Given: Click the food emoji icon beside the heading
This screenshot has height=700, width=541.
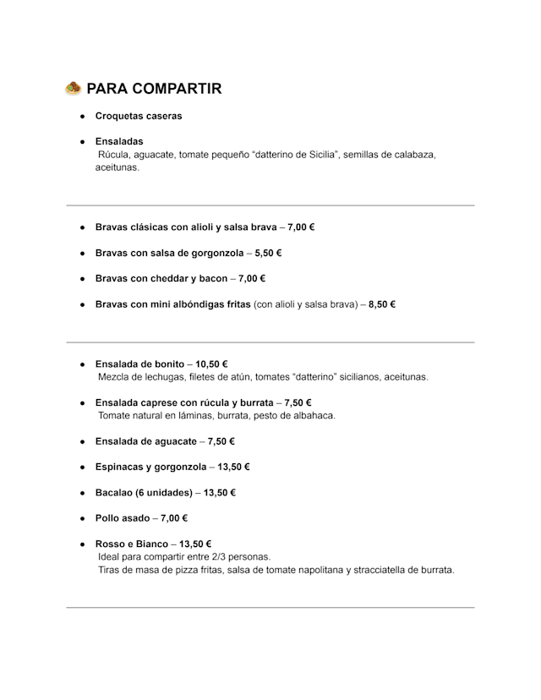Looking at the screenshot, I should (73, 88).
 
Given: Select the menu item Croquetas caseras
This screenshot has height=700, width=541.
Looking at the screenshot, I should (138, 116).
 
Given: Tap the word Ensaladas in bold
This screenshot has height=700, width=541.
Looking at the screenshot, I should (119, 141).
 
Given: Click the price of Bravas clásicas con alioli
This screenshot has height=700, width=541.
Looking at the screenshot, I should (301, 227).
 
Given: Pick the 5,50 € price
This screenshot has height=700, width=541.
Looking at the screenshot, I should (268, 253).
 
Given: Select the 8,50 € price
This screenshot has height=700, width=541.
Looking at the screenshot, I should (382, 304).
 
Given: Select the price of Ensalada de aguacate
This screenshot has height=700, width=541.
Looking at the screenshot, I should (221, 441).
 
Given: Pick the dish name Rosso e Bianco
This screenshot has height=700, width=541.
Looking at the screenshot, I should (132, 544).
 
